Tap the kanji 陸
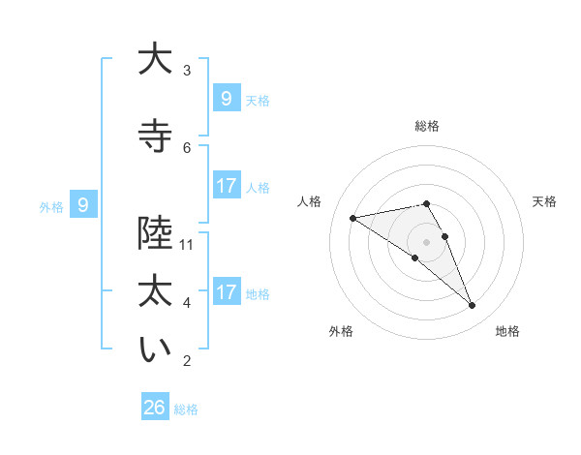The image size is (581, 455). pyautogui.click(x=155, y=233)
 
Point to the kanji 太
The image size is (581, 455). pyautogui.click(x=155, y=291)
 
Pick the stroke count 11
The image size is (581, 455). pyautogui.click(x=187, y=245)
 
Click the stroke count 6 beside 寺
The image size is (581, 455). pyautogui.click(x=187, y=147)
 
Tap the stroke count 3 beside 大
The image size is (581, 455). pyautogui.click(x=187, y=70)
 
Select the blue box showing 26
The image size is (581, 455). pyautogui.click(x=155, y=408)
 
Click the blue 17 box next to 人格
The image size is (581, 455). pyautogui.click(x=227, y=186)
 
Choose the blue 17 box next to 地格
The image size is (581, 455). pyautogui.click(x=227, y=291)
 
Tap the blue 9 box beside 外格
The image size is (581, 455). pyautogui.click(x=83, y=204)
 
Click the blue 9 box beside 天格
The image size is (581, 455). pyautogui.click(x=227, y=98)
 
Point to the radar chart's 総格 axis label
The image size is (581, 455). pyautogui.click(x=427, y=126)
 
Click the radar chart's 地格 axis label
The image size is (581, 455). pyautogui.click(x=507, y=331)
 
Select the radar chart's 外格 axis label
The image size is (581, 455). pyautogui.click(x=341, y=331)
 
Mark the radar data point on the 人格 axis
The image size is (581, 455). pyautogui.click(x=353, y=218)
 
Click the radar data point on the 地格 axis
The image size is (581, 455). pyautogui.click(x=473, y=306)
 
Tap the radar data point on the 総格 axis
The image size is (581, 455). pyautogui.click(x=427, y=203)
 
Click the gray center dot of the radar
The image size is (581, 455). pyautogui.click(x=427, y=241)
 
